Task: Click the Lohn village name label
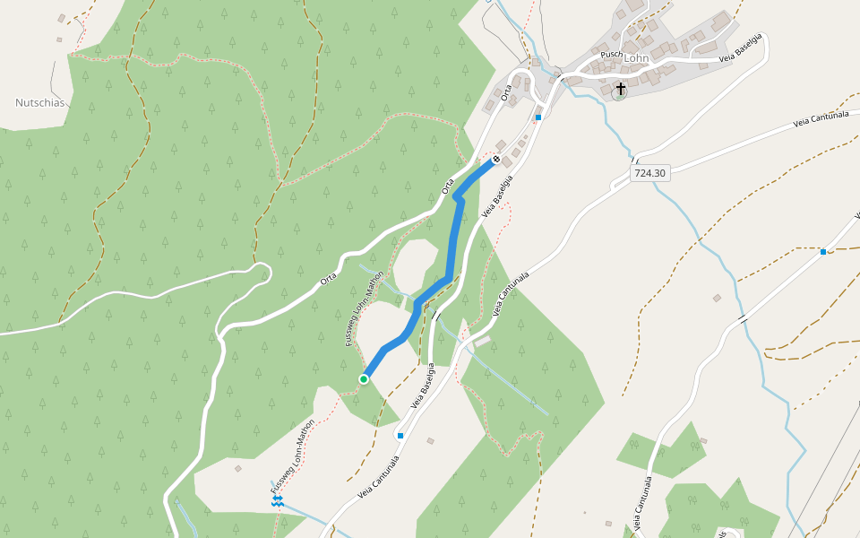[x=636, y=58]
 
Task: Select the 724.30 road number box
[x=650, y=173]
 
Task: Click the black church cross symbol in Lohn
[x=620, y=90]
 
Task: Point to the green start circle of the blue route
[x=364, y=379]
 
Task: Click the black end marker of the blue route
[x=495, y=160]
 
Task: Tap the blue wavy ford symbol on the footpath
[x=279, y=500]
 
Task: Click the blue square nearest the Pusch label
[x=538, y=117]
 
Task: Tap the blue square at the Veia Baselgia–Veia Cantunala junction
[x=400, y=436]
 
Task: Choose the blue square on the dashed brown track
[x=823, y=252]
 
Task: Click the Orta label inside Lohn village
[x=507, y=91]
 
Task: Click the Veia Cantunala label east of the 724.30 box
[x=820, y=121]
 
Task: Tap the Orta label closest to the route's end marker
[x=449, y=187]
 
